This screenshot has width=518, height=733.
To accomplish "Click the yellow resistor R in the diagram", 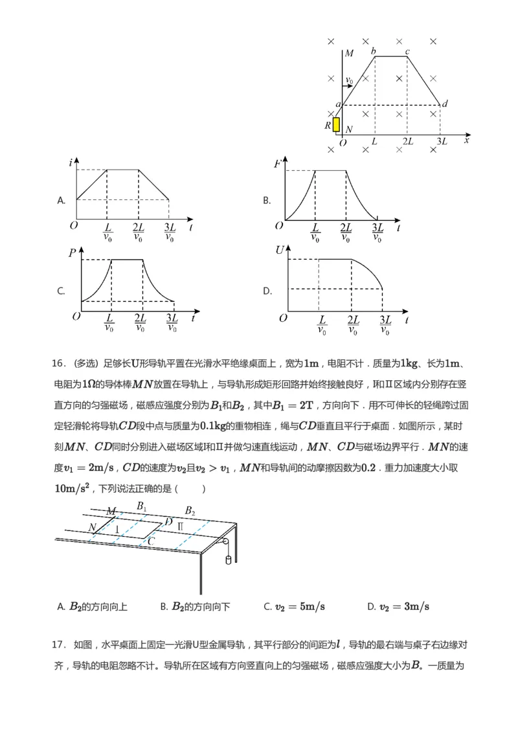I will tap(336, 124).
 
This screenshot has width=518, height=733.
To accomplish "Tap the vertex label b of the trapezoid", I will tap(373, 51).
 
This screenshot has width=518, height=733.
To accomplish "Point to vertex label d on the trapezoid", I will tap(444, 104).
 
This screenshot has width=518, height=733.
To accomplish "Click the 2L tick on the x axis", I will tap(408, 141).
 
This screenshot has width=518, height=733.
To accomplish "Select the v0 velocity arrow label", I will tap(350, 81).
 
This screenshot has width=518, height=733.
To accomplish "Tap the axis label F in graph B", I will tap(277, 164).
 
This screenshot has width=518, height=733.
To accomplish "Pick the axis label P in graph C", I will tap(73, 253).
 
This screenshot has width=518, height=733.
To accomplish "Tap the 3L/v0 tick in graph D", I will tap(385, 325).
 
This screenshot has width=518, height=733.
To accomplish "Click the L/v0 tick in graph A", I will tap(107, 232).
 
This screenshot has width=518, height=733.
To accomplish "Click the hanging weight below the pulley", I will tap(227, 559).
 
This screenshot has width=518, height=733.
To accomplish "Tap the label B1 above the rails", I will tap(141, 506).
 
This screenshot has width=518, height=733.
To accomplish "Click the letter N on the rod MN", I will tap(93, 528).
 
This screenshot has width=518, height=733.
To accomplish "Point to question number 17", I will tap(58, 644).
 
